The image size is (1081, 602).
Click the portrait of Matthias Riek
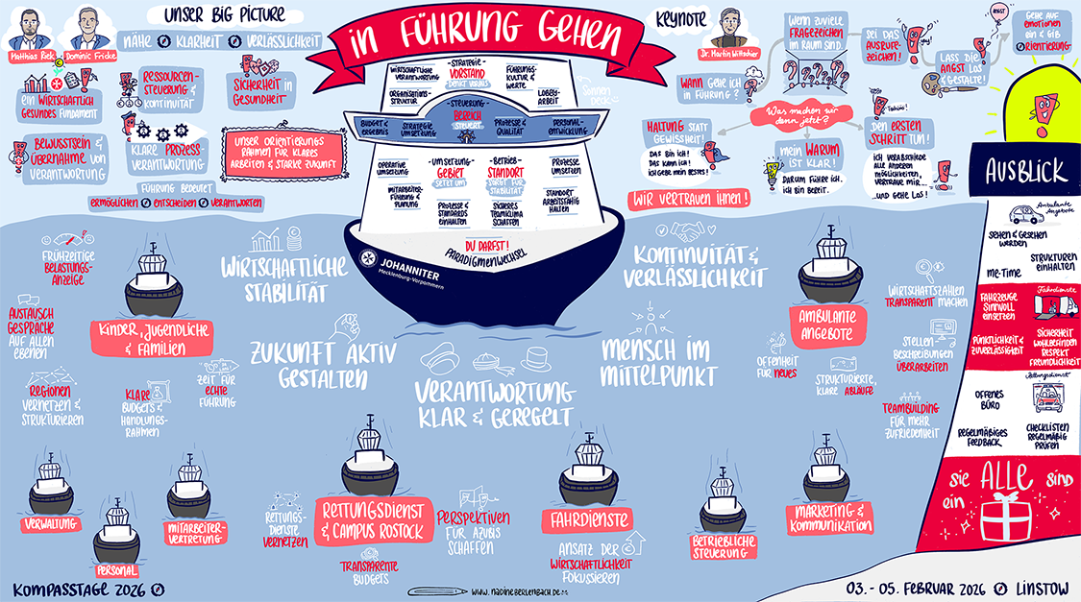point(31,27)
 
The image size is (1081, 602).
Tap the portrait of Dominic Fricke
point(88,27)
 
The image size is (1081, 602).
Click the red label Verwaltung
point(53,524)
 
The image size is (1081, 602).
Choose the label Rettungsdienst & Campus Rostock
point(371,518)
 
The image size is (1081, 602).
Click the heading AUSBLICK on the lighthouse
point(1025,171)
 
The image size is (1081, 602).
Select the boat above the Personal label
point(117,526)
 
